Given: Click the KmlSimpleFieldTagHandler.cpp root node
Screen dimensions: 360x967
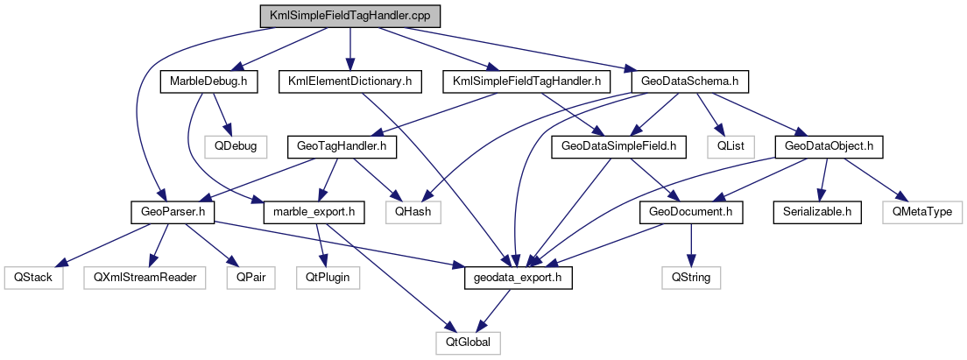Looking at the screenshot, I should [350, 17].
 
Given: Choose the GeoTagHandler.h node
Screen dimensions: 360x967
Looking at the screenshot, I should [340, 146].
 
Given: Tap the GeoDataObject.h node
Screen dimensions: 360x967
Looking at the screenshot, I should [828, 146].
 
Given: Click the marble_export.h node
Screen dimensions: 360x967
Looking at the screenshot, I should [314, 211].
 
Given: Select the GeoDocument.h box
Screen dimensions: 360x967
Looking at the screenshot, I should [692, 211].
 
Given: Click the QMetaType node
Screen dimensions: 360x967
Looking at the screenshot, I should [921, 211].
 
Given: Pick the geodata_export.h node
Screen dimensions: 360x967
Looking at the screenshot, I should [518, 277].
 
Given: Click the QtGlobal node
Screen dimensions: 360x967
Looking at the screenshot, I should [469, 342].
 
